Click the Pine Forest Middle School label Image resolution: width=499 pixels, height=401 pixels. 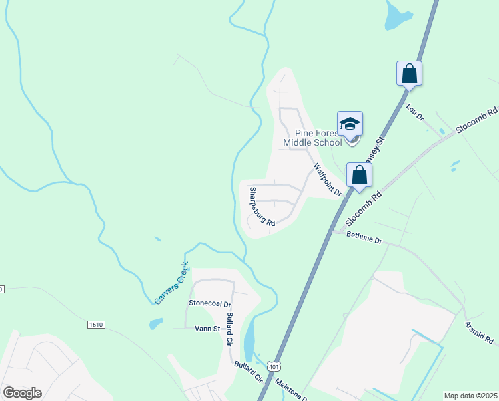click(x=312, y=137)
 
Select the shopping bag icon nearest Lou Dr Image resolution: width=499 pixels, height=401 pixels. click(x=409, y=74)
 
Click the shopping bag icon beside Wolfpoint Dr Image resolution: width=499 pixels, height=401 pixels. click(x=359, y=175)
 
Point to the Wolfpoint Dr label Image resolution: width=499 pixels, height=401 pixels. click(x=328, y=180)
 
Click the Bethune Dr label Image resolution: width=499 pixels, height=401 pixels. click(x=364, y=239)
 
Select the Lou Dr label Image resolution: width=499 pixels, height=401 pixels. click(x=414, y=112)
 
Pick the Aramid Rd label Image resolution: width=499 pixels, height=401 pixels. click(x=480, y=332)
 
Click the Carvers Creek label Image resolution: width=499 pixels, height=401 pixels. click(x=171, y=283)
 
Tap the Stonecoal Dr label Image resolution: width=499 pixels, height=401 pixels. click(x=209, y=303)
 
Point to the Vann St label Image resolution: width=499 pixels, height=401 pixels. click(x=207, y=328)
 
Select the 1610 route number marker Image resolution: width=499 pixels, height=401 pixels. click(x=96, y=324)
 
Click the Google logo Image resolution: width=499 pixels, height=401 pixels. click(x=22, y=393)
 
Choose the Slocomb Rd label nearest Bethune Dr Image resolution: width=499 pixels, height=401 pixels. click(x=363, y=210)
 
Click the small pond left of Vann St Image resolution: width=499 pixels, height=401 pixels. click(x=156, y=324)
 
